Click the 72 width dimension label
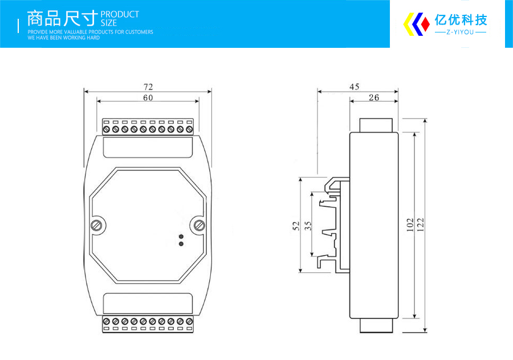(x=148, y=87)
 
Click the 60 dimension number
(x=148, y=98)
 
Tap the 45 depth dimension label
(x=355, y=87)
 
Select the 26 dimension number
(x=374, y=97)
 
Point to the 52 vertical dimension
(x=296, y=226)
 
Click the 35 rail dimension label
(x=308, y=226)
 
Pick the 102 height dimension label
(x=410, y=225)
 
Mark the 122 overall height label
(x=421, y=225)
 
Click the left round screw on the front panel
(x=96, y=226)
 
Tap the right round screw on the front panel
(x=199, y=226)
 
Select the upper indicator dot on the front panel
(x=181, y=236)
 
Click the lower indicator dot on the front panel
(x=181, y=244)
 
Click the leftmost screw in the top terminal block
(x=106, y=130)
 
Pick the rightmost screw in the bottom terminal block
(x=189, y=322)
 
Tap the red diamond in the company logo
(x=425, y=24)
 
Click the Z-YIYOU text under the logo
(x=461, y=32)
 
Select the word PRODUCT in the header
(x=120, y=14)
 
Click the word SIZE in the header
(x=109, y=23)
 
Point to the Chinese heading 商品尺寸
(x=63, y=18)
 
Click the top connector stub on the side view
(x=376, y=125)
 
